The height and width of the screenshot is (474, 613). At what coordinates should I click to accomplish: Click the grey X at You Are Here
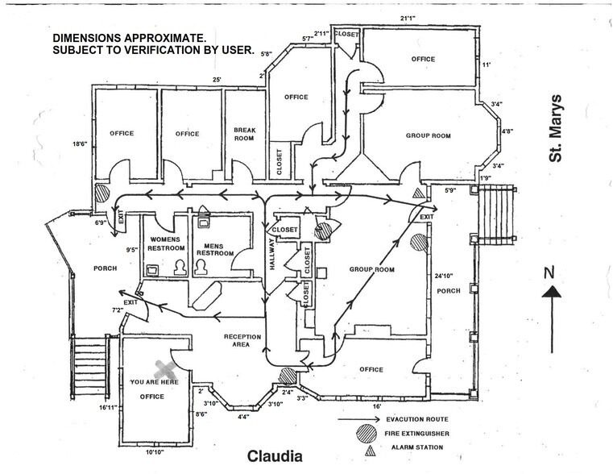coord(165,369)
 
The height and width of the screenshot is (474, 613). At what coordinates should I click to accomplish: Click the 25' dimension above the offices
coord(216,79)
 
